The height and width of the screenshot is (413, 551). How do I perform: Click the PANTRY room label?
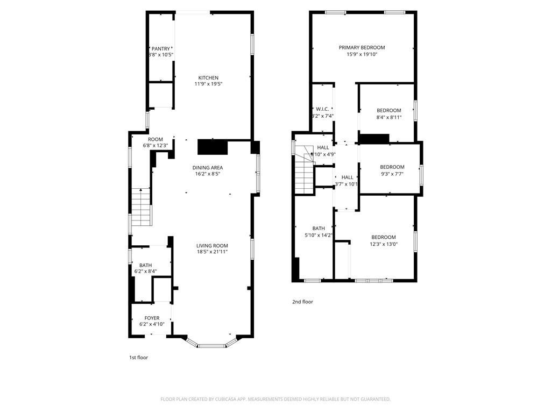(x=160, y=49)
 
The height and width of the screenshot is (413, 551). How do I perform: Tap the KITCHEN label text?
(x=208, y=78)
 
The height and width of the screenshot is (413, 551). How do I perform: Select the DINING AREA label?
(x=208, y=168)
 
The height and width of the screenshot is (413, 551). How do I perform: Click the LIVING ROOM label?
(x=212, y=246)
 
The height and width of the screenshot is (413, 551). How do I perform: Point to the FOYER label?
(x=152, y=318)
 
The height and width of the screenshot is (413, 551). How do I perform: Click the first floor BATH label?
(x=145, y=265)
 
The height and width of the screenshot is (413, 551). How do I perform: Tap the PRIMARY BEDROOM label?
(x=362, y=48)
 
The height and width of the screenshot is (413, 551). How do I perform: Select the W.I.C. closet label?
(x=322, y=109)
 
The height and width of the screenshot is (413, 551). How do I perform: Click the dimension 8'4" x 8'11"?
(x=388, y=117)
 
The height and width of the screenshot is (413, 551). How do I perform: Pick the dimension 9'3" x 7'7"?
(x=392, y=174)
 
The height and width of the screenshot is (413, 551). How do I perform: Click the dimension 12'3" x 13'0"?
(x=383, y=244)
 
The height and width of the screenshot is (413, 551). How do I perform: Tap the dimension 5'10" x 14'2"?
(x=319, y=234)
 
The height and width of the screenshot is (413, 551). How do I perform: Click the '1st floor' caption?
(x=138, y=357)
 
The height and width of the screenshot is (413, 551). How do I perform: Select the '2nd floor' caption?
(x=302, y=302)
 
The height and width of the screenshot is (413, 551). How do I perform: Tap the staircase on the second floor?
(x=304, y=172)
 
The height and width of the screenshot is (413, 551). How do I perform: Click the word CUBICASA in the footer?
(x=238, y=399)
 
